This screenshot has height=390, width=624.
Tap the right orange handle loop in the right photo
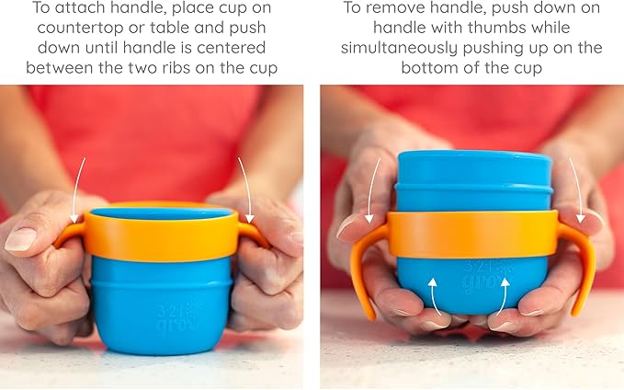(x=581, y=262)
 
